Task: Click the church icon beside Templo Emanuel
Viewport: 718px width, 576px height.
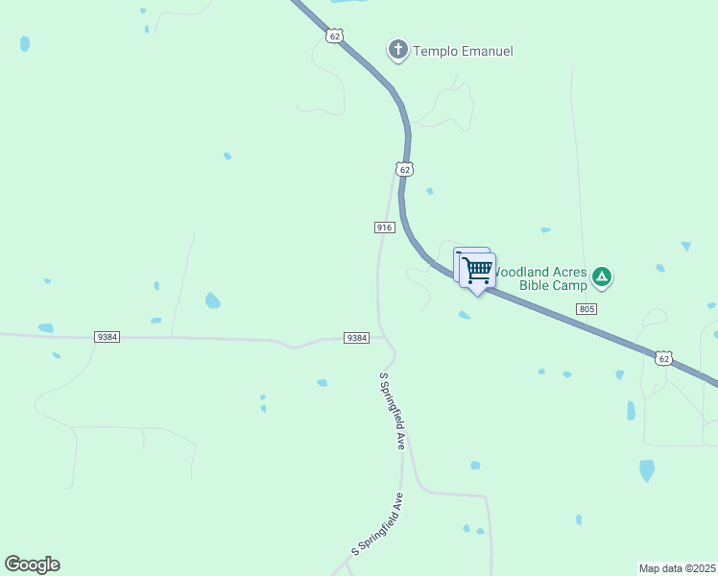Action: (398, 49)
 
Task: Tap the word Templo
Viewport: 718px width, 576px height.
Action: (437, 51)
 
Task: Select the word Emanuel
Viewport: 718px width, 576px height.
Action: (488, 51)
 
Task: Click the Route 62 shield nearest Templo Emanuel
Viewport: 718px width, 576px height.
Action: (333, 36)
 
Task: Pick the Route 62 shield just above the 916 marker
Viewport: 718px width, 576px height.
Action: (404, 169)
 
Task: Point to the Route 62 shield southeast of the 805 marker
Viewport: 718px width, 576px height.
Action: (663, 358)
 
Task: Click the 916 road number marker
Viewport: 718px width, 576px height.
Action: (384, 227)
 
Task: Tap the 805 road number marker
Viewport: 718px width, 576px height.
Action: (587, 308)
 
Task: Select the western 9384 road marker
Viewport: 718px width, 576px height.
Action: (108, 337)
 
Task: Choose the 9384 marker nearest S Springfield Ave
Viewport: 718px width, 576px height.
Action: (356, 338)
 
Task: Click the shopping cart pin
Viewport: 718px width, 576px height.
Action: (477, 268)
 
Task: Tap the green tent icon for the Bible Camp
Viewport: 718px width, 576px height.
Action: (602, 277)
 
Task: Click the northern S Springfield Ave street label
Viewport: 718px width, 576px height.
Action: (394, 411)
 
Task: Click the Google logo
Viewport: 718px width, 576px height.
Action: (32, 564)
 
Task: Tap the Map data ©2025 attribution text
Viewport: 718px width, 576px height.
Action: (678, 568)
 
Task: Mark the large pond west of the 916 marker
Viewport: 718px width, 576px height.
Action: (212, 300)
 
